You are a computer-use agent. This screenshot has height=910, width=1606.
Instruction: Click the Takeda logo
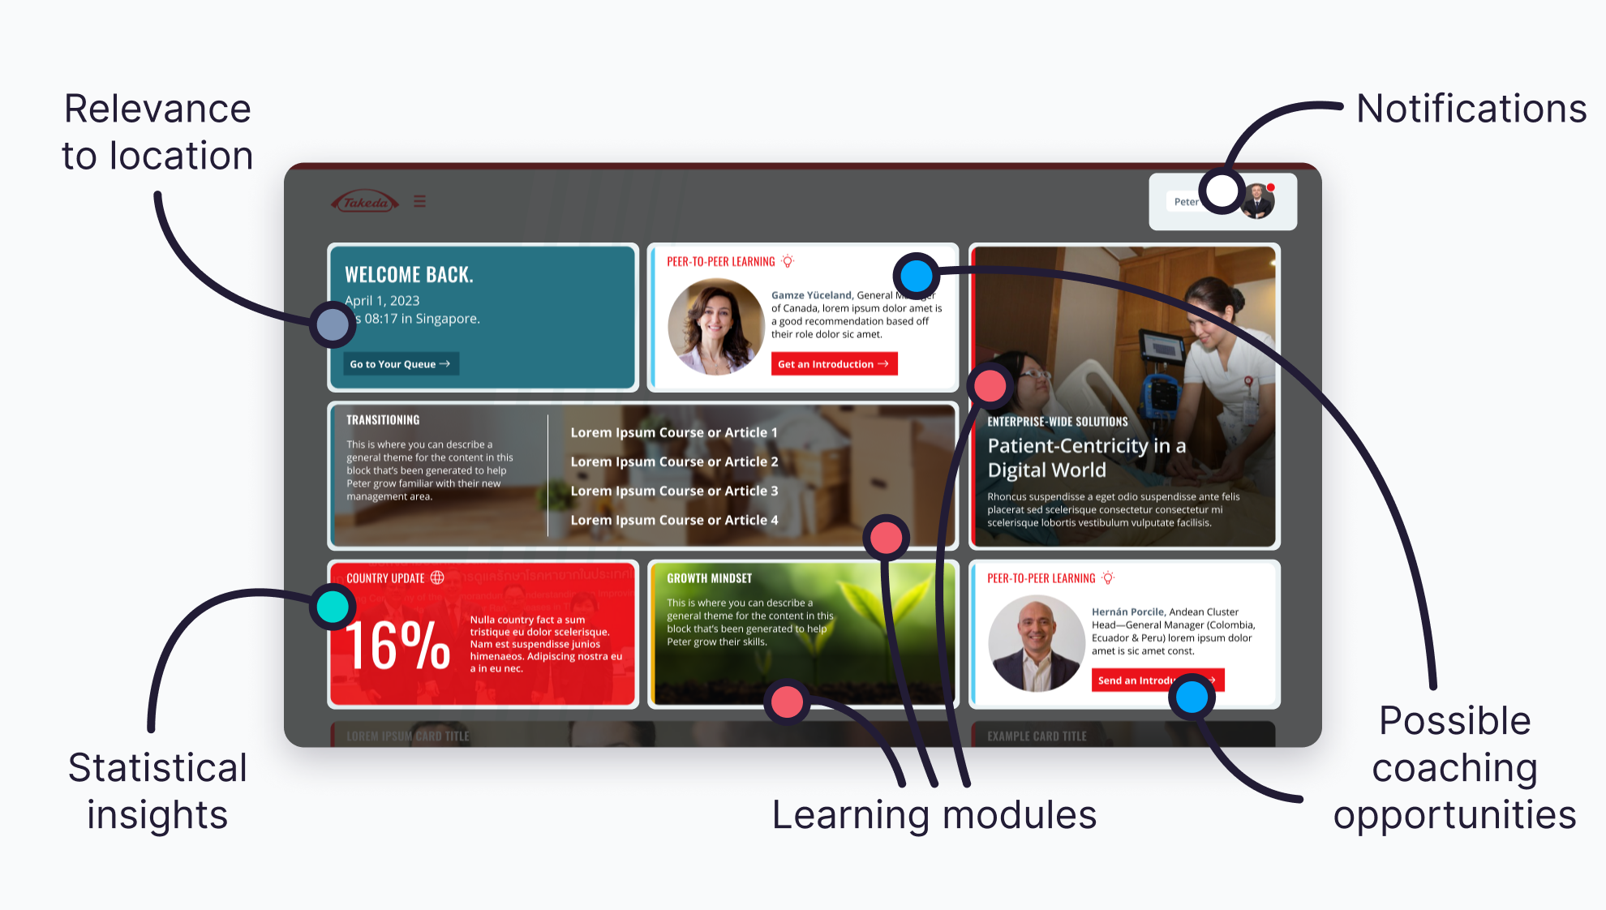click(365, 202)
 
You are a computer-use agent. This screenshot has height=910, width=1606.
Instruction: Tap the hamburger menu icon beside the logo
click(419, 201)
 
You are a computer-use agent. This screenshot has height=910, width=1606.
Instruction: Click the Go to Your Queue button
click(400, 364)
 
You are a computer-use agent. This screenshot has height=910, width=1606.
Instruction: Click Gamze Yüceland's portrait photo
click(715, 326)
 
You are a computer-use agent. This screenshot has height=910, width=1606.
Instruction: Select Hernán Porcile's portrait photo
click(1036, 643)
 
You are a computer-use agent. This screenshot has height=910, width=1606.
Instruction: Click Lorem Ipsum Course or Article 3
click(674, 491)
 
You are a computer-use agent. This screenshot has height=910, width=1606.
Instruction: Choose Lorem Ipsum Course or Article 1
click(674, 432)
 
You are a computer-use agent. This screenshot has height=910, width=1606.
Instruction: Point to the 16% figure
click(397, 646)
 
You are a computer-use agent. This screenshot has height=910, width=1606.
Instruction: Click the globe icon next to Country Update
click(437, 577)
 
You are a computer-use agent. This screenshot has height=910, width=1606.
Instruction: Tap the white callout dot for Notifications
click(1222, 191)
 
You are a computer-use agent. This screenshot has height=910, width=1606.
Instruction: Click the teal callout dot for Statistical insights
click(333, 607)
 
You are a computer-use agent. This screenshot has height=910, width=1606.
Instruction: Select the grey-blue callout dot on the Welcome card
click(332, 324)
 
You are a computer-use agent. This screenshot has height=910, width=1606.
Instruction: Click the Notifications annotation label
click(1471, 109)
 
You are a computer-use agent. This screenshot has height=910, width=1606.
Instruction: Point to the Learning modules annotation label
click(934, 815)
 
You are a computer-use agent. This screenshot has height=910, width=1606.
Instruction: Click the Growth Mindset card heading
click(709, 578)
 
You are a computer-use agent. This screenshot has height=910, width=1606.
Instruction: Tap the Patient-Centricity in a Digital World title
click(1086, 457)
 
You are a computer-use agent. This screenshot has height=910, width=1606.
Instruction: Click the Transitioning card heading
click(383, 420)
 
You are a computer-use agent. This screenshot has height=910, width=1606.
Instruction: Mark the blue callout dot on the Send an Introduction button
click(1192, 697)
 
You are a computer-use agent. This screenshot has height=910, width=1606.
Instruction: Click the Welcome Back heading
click(409, 275)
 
